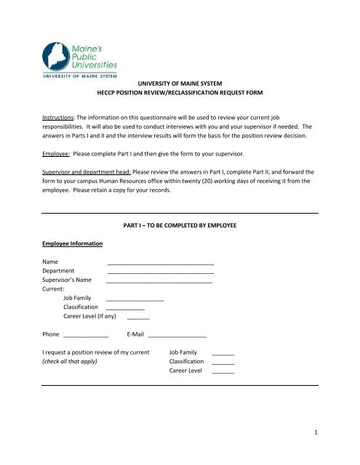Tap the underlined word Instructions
pos(60,116)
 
